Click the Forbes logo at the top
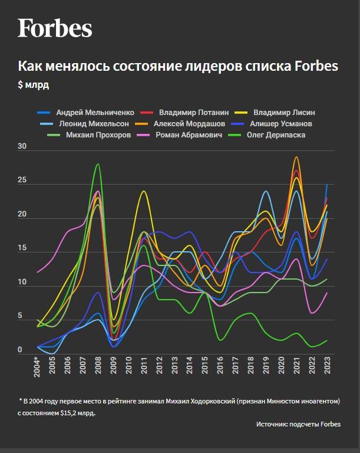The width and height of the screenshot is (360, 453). [55, 28]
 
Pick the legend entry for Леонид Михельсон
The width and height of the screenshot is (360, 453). [90, 124]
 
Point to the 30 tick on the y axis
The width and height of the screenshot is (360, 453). [22, 146]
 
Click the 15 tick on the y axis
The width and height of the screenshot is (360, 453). [22, 248]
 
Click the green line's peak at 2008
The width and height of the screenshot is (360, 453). [98, 164]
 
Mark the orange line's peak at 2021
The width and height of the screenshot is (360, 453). [296, 157]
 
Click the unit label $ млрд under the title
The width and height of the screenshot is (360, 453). [34, 85]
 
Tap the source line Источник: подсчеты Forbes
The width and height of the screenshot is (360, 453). [298, 424]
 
